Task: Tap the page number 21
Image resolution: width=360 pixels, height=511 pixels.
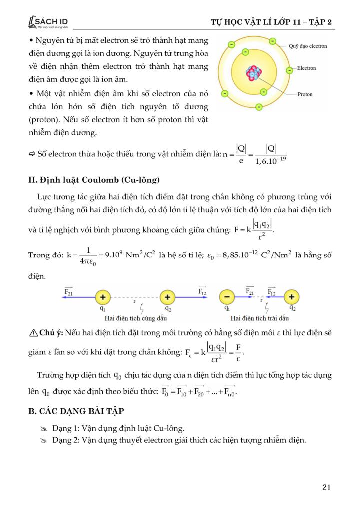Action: click(x=327, y=488)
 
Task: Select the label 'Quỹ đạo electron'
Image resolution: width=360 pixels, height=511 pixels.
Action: click(x=308, y=46)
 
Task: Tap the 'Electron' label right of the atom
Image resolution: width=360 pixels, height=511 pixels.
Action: click(x=306, y=68)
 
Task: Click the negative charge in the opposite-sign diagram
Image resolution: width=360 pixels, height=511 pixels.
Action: click(x=227, y=297)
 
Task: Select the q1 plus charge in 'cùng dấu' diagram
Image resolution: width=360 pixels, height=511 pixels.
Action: click(x=103, y=297)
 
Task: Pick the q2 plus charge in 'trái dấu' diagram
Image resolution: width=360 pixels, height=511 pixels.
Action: click(x=292, y=297)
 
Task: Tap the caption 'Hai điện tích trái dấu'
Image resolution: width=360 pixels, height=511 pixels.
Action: click(x=258, y=317)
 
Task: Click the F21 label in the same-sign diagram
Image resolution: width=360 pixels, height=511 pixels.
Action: click(x=69, y=290)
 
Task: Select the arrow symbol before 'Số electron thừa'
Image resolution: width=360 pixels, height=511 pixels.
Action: click(x=32, y=154)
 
